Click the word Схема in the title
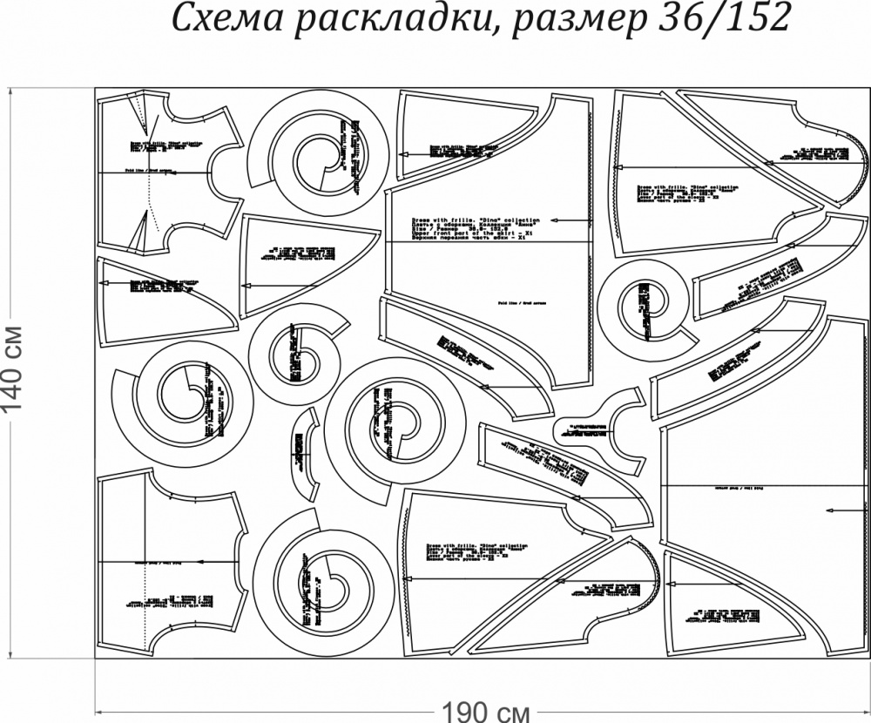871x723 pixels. click(219, 19)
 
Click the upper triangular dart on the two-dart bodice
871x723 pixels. click(137, 111)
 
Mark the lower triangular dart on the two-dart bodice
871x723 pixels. click(137, 233)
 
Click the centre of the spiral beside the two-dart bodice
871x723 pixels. click(318, 157)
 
